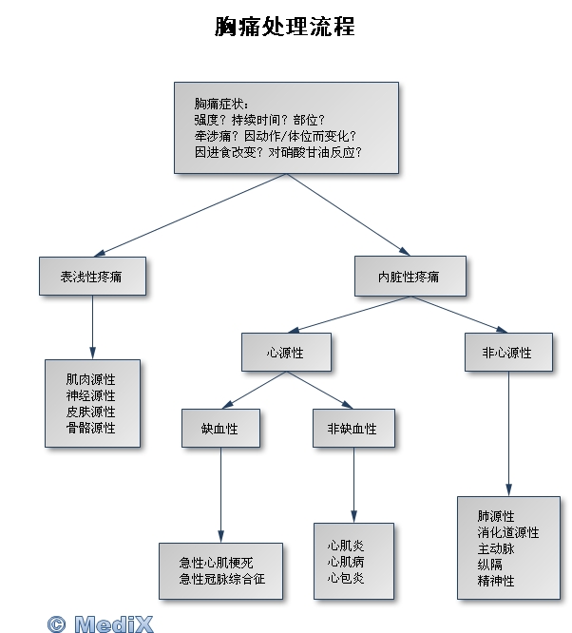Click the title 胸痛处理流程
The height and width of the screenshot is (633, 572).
click(285, 27)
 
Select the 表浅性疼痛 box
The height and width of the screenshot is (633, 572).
click(92, 277)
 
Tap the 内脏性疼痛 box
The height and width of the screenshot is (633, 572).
click(410, 277)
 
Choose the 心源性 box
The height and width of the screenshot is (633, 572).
click(286, 352)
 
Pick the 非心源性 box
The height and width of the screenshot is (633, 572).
click(508, 352)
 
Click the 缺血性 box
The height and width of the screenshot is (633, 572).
click(220, 429)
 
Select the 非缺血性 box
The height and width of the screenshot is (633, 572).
click(353, 429)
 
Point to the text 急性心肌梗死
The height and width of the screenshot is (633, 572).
click(216, 563)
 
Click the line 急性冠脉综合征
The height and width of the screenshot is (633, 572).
click(222, 579)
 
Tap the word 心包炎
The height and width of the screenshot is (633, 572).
click(346, 578)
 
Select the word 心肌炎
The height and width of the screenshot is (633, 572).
click(346, 546)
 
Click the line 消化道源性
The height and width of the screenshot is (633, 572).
click(507, 532)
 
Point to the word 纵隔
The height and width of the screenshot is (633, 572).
click(489, 565)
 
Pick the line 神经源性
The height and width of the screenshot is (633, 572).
click(91, 395)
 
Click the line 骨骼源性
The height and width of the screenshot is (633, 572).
click(91, 428)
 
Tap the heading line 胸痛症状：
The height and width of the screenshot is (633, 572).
click(221, 104)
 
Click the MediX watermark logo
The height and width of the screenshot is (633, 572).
click(100, 623)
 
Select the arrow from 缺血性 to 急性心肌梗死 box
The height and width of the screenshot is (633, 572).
click(220, 495)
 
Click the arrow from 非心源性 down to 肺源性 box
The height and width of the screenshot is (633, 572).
click(508, 433)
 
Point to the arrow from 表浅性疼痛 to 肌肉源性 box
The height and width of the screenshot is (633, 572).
click(92, 327)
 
